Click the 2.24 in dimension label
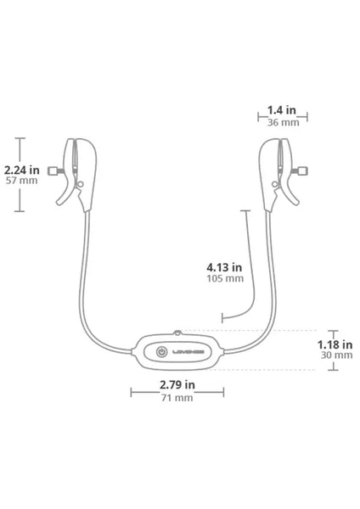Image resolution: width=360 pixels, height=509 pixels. click(x=21, y=170)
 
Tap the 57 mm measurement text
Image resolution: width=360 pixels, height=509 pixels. click(x=22, y=181)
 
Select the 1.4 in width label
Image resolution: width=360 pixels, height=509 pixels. click(x=282, y=110)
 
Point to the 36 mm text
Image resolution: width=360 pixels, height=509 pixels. click(x=283, y=122)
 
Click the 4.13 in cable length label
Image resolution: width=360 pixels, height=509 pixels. click(x=224, y=267)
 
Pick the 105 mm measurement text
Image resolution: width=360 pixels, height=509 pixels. click(x=225, y=278)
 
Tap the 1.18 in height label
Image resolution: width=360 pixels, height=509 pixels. click(x=335, y=344)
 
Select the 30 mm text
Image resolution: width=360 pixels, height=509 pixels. click(x=336, y=355)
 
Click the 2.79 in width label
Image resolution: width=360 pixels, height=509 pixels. click(x=177, y=384)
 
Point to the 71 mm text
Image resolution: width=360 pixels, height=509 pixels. click(x=177, y=398)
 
